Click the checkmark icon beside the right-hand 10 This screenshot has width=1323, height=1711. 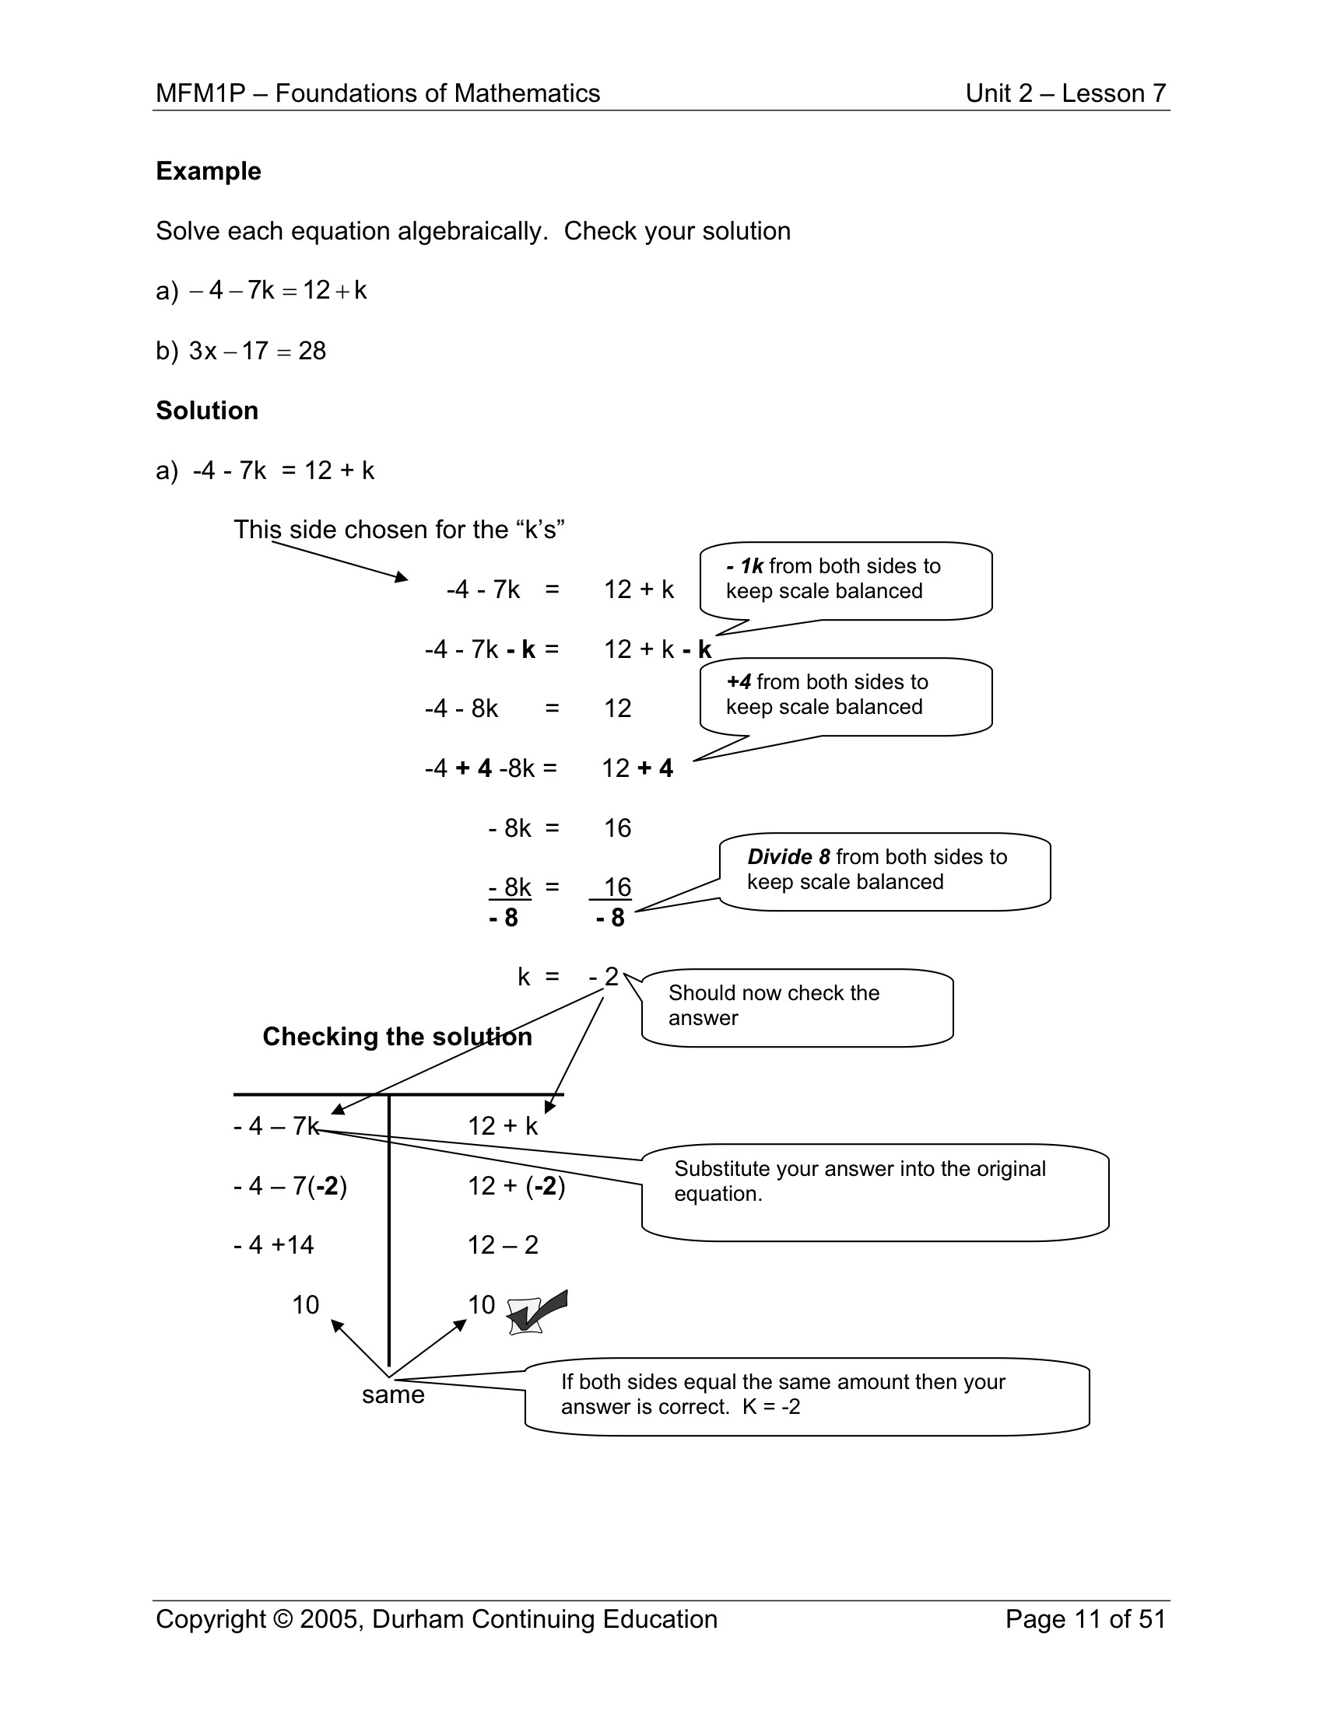[x=537, y=1313]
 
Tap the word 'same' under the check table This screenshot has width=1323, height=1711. [x=393, y=1394]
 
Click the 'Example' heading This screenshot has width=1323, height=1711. [x=209, y=171]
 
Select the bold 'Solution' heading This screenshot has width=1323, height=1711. [x=207, y=411]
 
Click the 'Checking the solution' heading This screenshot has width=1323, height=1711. [x=397, y=1037]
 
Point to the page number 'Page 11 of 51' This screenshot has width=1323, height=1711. [x=1086, y=1618]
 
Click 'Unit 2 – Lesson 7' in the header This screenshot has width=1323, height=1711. [x=1065, y=93]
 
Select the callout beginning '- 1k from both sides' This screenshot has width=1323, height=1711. [x=845, y=579]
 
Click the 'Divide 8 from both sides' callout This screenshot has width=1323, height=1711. [x=883, y=869]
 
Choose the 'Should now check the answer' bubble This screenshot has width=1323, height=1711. [x=795, y=1006]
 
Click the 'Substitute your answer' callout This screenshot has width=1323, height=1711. [x=874, y=1191]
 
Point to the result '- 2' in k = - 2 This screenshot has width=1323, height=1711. [x=604, y=977]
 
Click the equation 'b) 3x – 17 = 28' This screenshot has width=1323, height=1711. [x=240, y=351]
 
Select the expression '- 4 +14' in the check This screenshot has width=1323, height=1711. [x=273, y=1245]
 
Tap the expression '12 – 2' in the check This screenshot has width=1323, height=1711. [x=504, y=1245]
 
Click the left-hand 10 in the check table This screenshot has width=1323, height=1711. [x=305, y=1304]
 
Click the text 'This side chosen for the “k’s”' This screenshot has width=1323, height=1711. [x=399, y=530]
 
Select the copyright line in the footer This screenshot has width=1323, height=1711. [x=437, y=1618]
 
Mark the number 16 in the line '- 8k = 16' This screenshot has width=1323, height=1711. [x=617, y=828]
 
